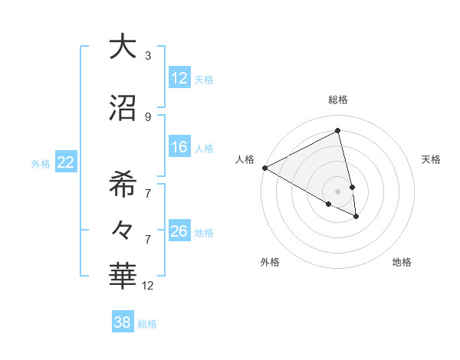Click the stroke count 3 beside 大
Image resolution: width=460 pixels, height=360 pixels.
coord(148,56)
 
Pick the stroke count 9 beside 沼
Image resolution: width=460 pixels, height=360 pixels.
coord(148,116)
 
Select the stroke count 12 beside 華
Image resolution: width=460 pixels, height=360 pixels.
coord(148,286)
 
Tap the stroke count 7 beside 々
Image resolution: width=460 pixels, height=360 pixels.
coord(148,239)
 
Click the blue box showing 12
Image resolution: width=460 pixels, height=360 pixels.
coord(179,77)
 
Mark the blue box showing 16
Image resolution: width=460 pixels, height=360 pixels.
coord(179,147)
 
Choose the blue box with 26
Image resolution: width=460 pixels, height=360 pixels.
coord(179,231)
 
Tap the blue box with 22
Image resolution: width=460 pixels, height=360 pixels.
coord(66,162)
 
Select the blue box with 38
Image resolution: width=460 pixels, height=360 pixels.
coord(123,322)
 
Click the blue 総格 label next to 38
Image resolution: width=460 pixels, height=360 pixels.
coord(147,324)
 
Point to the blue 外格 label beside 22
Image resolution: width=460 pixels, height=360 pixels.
coord(41,163)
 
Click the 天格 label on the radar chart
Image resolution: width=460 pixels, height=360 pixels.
coord(431,159)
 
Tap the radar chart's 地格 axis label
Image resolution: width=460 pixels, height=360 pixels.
coord(402,262)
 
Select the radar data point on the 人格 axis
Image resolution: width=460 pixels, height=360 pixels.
coord(264,168)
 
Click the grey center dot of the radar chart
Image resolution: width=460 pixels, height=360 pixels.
coord(337,191)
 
